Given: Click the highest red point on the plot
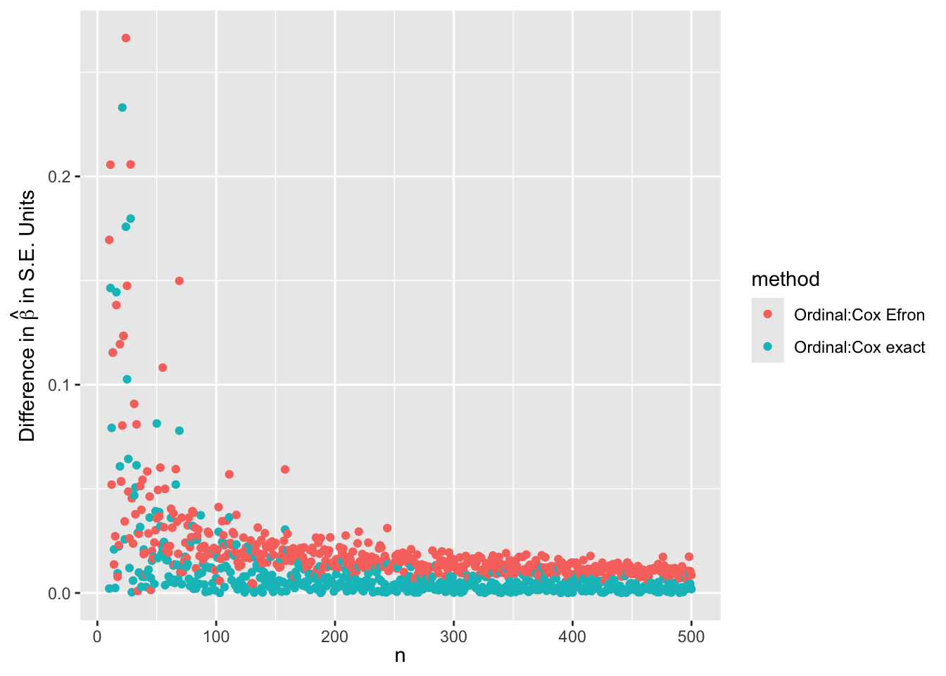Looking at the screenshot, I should click(126, 38).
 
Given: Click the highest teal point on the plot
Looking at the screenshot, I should click(122, 108).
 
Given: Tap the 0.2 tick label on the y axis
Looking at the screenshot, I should click(58, 177).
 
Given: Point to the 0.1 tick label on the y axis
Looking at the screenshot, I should click(58, 385).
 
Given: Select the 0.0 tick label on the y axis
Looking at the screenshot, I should click(58, 594).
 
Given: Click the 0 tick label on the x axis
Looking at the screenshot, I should click(98, 637).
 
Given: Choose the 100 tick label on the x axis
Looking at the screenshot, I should click(216, 637).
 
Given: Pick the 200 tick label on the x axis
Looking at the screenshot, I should click(335, 637).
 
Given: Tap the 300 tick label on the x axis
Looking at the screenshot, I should click(453, 637).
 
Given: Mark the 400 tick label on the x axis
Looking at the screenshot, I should click(572, 637).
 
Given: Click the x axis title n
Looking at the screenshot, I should click(400, 656).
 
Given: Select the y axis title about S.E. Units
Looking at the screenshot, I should click(27, 316).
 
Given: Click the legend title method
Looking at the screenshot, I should click(786, 280).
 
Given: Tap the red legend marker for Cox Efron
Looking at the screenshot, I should click(768, 314).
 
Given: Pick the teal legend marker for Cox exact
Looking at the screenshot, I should click(768, 346).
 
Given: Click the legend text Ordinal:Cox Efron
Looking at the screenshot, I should click(859, 315).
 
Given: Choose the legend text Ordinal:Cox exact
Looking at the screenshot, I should click(859, 347).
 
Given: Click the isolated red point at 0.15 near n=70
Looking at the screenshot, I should click(179, 281).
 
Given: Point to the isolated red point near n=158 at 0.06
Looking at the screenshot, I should click(285, 470).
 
